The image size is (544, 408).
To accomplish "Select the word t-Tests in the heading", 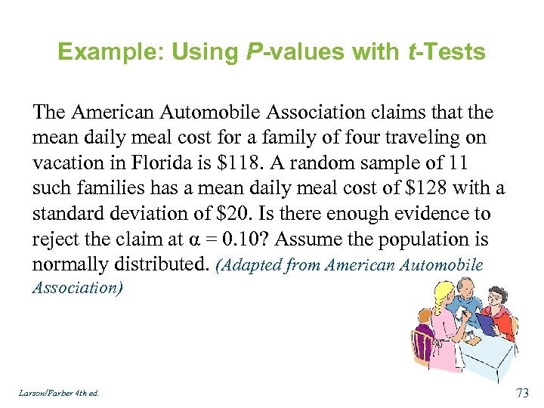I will pyautogui.click(x=446, y=52).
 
